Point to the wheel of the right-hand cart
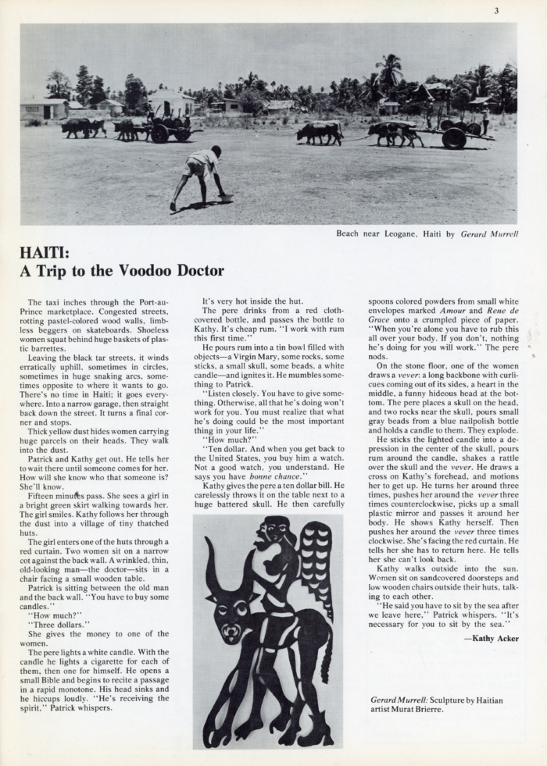[x=454, y=137]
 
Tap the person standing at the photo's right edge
[x=485, y=120]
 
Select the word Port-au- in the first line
[x=149, y=301]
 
